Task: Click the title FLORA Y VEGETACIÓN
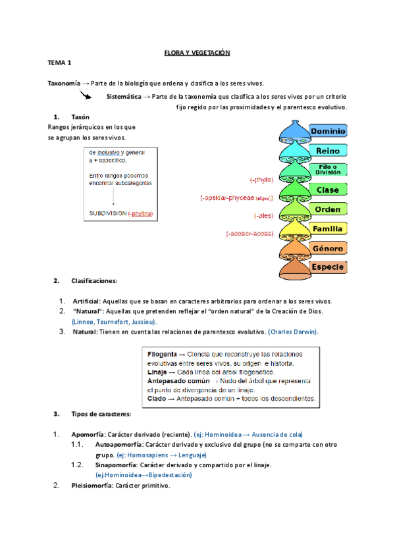click(x=196, y=52)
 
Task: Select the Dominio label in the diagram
click(x=328, y=132)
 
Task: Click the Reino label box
click(x=328, y=151)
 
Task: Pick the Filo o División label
click(x=328, y=170)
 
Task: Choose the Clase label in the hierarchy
click(x=328, y=190)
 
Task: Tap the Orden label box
click(x=328, y=209)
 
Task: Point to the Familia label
click(x=328, y=229)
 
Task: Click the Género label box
click(x=328, y=248)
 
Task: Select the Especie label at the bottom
click(x=328, y=266)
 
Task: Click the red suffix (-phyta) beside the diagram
click(x=261, y=179)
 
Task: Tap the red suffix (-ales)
click(x=263, y=215)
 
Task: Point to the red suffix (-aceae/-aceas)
click(x=250, y=233)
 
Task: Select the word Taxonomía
click(x=65, y=84)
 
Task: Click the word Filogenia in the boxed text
click(x=162, y=353)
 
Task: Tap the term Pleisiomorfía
click(x=92, y=486)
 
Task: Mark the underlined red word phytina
click(x=142, y=213)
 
